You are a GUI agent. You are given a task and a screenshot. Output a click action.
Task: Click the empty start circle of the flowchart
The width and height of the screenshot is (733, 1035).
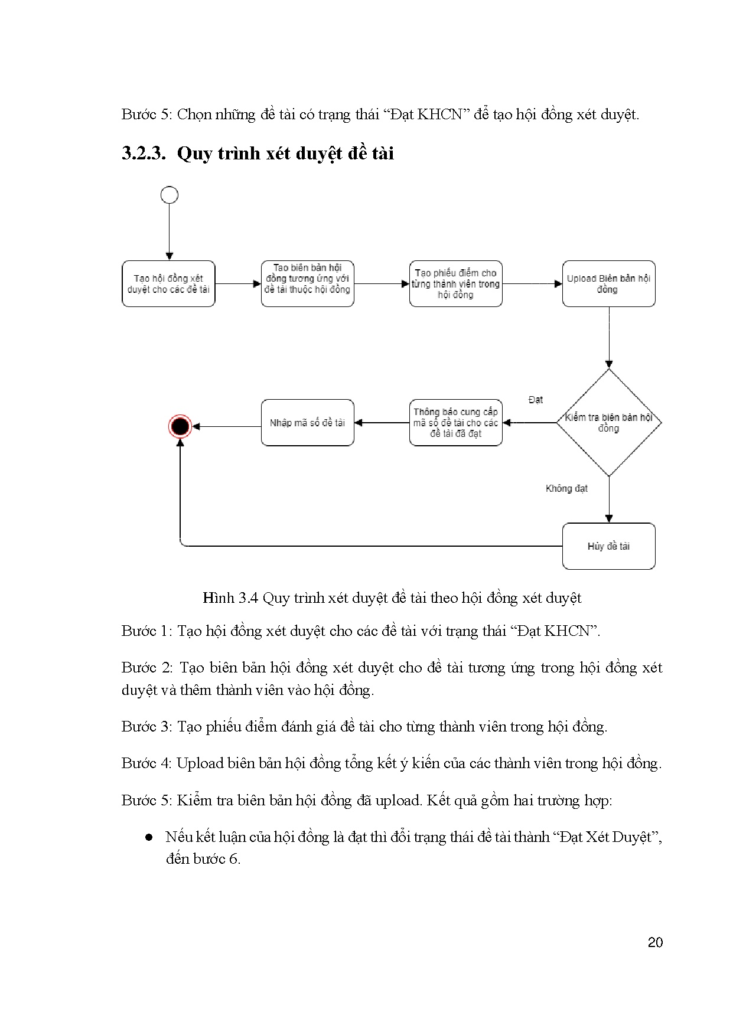point(170,195)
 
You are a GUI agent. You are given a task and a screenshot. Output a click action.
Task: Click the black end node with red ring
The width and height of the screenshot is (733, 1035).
point(180,426)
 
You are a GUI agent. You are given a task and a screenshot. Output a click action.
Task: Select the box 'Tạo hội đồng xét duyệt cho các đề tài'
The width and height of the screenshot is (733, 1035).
point(168,284)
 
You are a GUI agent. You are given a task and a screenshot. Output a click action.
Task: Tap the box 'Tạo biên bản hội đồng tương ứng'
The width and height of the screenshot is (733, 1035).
point(307,284)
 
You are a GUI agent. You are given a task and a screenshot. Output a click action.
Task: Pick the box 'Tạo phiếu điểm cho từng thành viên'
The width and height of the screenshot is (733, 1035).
point(455,284)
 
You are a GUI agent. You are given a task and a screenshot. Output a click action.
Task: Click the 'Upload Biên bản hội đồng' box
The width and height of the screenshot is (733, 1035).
point(608,284)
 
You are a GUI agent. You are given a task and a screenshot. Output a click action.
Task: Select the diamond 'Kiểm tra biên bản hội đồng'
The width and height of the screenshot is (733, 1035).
point(608,423)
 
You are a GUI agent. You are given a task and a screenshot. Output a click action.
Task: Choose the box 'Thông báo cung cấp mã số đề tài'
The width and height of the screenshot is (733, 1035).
point(455,423)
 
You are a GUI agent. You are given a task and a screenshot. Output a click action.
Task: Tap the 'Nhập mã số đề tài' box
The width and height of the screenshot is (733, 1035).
point(307,423)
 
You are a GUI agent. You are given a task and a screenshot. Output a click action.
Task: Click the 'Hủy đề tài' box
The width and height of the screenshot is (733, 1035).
point(608,546)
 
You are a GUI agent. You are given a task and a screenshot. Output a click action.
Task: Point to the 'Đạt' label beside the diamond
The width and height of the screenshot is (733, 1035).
point(536,400)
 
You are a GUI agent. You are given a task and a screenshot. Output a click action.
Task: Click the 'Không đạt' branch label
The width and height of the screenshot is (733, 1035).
point(566,489)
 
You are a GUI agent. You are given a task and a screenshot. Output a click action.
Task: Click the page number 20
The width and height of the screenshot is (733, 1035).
point(655,942)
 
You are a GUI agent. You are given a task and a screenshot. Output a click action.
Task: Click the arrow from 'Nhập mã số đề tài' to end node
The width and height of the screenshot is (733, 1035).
point(227,426)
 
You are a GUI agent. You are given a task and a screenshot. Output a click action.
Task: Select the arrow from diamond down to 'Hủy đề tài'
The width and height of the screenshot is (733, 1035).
point(609,499)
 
